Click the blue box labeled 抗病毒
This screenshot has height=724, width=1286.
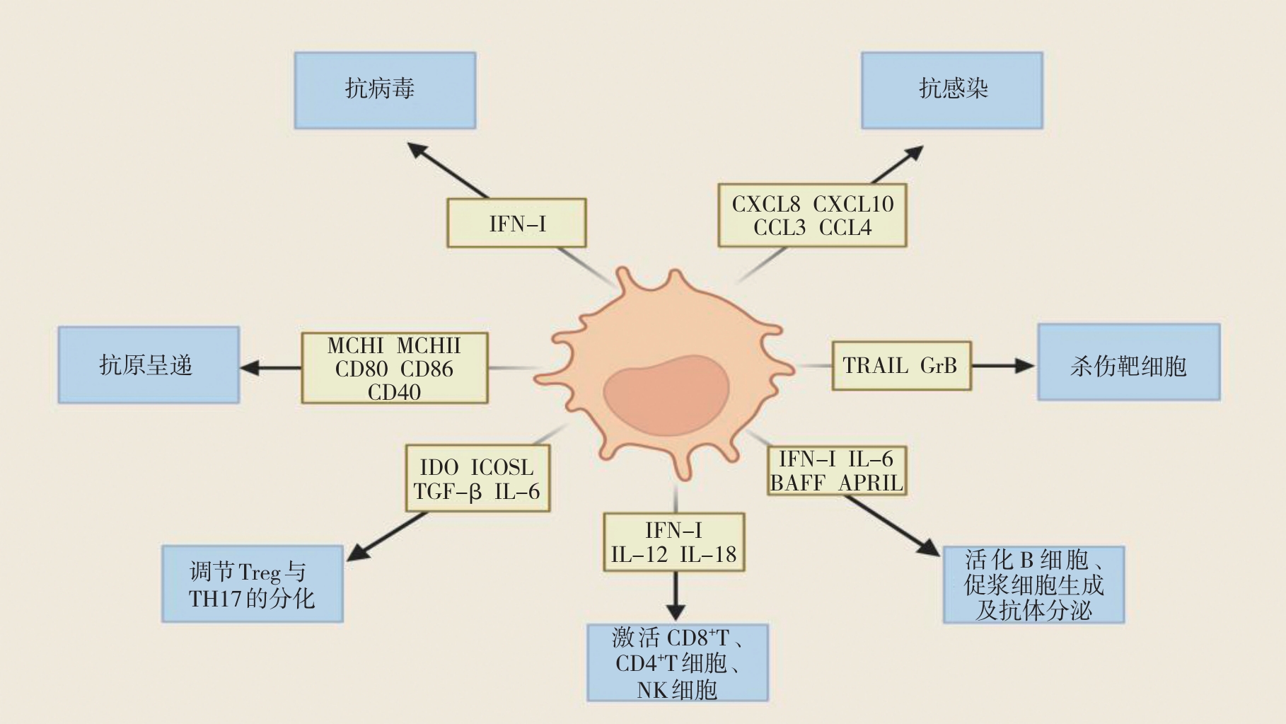[x=385, y=90]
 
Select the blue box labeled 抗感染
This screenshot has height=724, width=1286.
[x=951, y=90]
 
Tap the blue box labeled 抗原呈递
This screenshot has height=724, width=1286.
[x=149, y=364]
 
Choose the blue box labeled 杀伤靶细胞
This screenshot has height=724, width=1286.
[x=1128, y=362]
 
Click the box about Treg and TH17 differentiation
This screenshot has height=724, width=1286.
[x=253, y=584]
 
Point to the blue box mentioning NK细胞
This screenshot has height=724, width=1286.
[x=677, y=662]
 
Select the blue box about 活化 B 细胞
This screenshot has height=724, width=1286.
[x=1033, y=585]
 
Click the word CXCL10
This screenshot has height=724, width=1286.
[x=853, y=204]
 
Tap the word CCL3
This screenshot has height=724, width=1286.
[x=780, y=228]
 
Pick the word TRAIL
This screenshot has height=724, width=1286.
[x=876, y=365]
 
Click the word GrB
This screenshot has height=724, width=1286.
[x=939, y=365]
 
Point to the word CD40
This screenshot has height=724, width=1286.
[x=394, y=391]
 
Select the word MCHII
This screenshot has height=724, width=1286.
[x=429, y=345]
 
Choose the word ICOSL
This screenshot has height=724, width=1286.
[x=502, y=467]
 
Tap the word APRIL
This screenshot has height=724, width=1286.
[x=871, y=483]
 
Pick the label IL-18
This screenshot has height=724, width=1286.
[x=708, y=554]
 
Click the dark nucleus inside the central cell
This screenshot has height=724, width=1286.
[x=666, y=395]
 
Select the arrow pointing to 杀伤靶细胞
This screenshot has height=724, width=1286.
[x=1003, y=365]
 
